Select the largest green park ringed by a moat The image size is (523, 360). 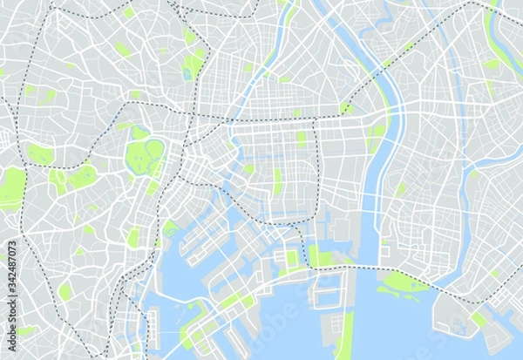(x=144, y=158)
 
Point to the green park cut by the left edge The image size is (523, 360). (x=10, y=188)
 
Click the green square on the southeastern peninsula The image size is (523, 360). (x=479, y=319)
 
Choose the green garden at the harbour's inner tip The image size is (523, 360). (x=171, y=228)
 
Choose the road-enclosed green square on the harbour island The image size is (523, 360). (x=292, y=258)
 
